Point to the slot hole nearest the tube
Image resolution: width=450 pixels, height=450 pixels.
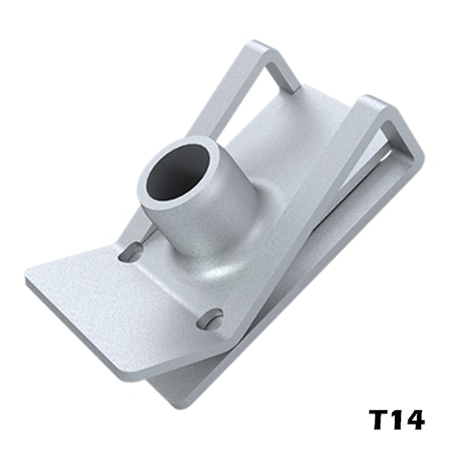click(132, 251)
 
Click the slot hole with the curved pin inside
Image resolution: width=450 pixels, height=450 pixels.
click(210, 319)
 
